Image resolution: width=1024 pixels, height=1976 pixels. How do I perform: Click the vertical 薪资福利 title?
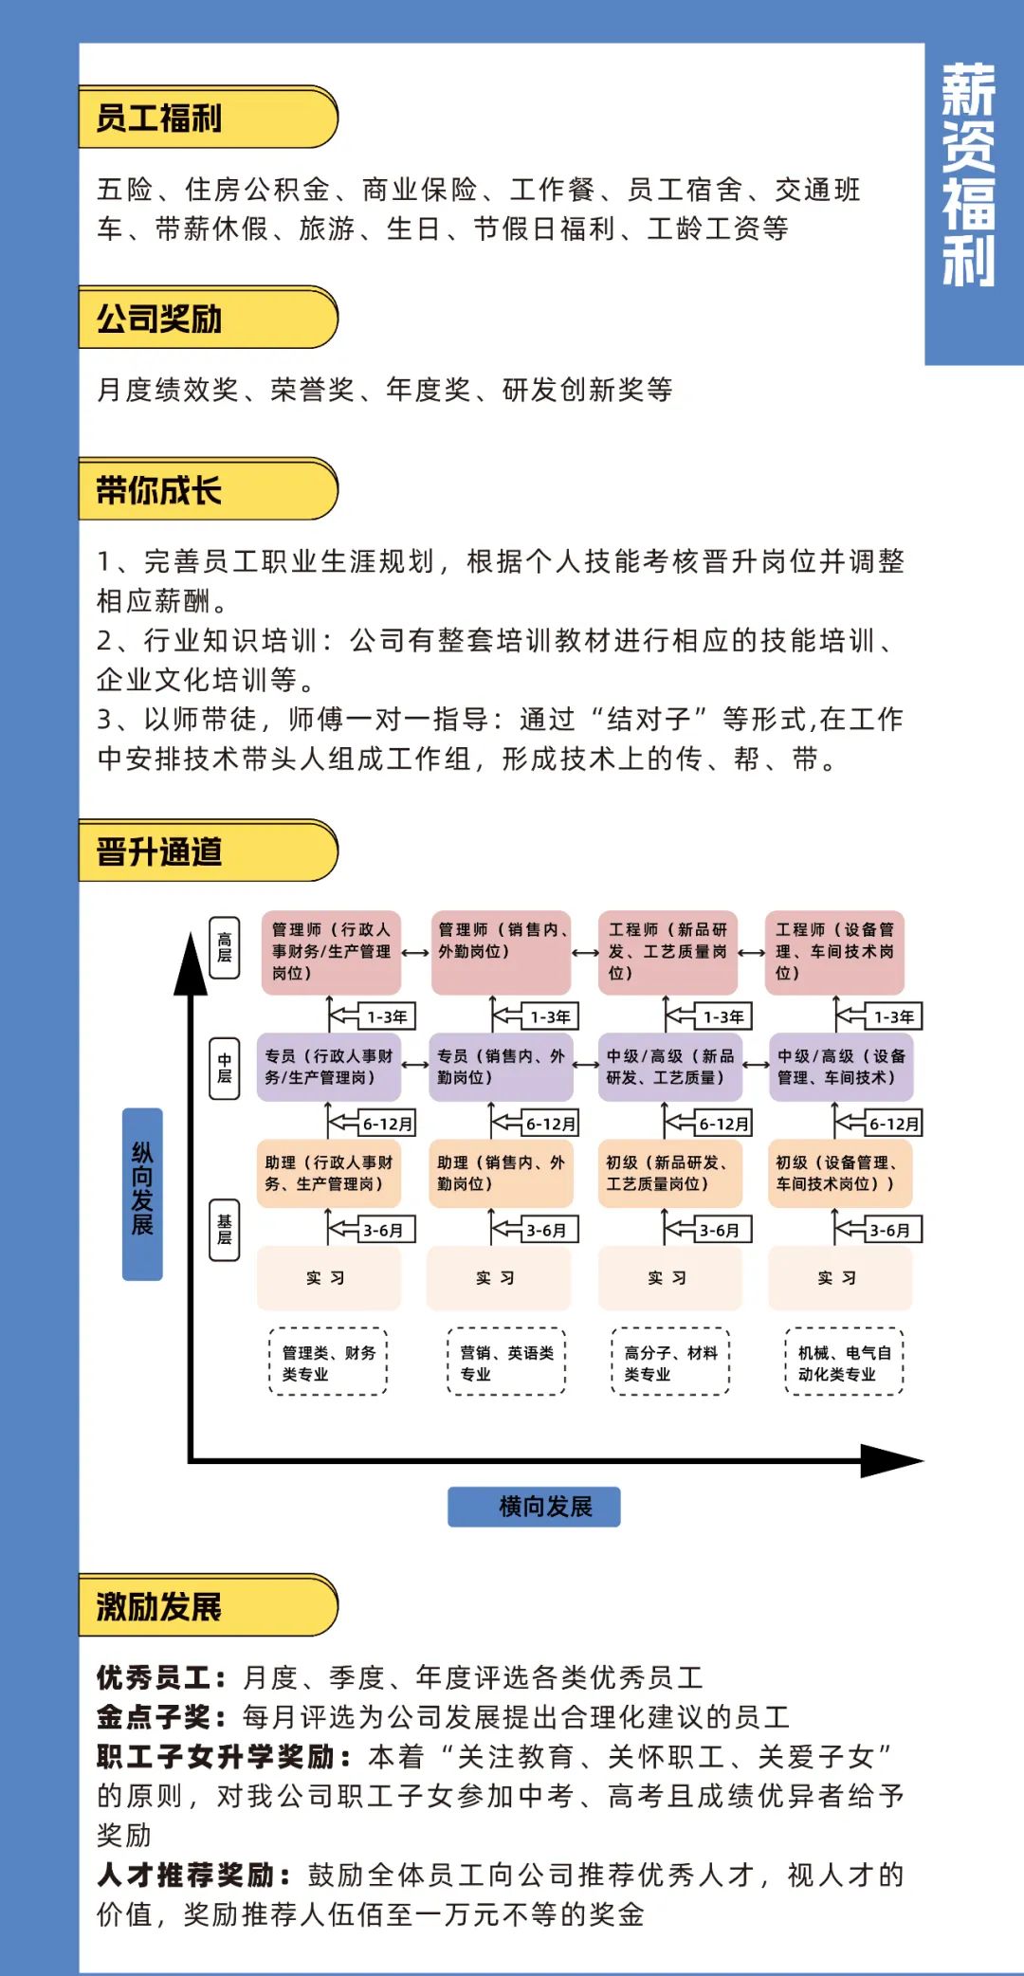pos(968,176)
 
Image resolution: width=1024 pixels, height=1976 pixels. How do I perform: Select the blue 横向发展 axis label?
pos(534,1506)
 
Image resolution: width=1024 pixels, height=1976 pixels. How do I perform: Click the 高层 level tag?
pos(225,947)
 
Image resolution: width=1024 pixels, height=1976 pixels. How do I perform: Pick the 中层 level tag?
pos(225,1068)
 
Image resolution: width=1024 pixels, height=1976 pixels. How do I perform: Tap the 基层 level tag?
pos(225,1229)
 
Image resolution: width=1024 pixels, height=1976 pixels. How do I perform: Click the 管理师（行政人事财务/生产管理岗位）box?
pos(331,952)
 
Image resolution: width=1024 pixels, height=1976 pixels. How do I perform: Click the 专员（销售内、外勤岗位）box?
pos(500,1068)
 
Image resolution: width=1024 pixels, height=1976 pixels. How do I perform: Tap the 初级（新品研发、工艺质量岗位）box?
pos(669,1174)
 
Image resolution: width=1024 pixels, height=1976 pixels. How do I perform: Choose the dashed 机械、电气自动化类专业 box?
pos(844,1363)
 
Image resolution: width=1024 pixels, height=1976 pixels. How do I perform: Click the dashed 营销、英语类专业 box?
pos(506,1363)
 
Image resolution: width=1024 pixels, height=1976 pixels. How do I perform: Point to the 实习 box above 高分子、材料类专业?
pos(669,1278)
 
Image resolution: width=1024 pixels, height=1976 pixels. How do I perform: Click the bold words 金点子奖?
pos(155,1717)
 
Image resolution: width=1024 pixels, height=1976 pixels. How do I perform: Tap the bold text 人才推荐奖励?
pos(187,1875)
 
